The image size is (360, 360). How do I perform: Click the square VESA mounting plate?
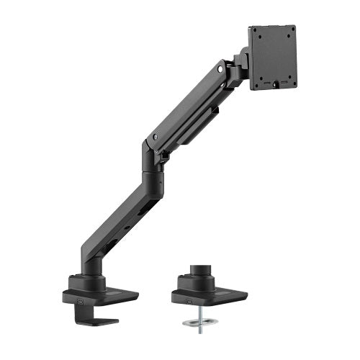[x=273, y=57]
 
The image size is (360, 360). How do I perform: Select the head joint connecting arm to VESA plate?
[x=237, y=68]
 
